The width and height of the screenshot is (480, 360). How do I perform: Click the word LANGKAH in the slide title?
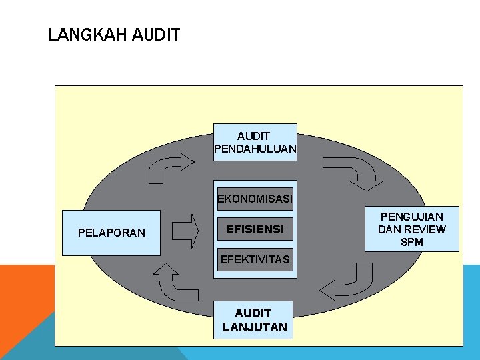[x=88, y=35]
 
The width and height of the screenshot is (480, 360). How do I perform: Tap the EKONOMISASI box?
[x=255, y=198]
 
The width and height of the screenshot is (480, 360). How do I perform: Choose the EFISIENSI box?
[x=255, y=229]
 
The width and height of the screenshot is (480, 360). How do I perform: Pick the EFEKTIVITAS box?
[x=255, y=259]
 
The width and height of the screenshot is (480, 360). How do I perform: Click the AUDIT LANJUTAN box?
[x=254, y=320]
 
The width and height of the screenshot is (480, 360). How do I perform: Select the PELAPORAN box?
[x=111, y=233]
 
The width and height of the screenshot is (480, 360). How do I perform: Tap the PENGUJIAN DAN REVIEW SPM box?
[x=412, y=229]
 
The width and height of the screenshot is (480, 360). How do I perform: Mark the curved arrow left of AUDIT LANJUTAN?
[x=175, y=281]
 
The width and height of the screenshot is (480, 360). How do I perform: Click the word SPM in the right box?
[x=412, y=242]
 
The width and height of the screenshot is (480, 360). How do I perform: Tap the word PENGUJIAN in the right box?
[x=412, y=217]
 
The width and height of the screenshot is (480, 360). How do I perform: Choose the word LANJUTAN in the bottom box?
[x=255, y=327]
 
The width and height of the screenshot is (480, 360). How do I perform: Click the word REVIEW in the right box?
[x=423, y=229]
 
